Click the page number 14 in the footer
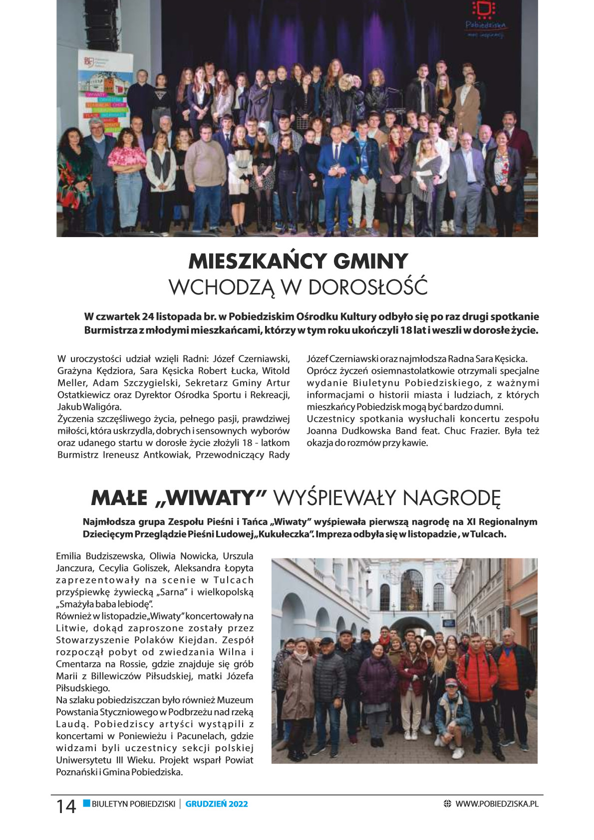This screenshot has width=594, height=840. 66,806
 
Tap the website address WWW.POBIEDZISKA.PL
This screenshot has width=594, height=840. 497,804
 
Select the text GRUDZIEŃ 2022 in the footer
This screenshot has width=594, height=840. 217,804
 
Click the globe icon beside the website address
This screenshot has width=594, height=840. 447,804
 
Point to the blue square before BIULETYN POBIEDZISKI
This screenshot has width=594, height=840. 86,803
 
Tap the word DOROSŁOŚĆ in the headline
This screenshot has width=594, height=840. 368,287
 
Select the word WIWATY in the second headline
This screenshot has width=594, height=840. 210,498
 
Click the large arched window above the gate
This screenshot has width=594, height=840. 411,589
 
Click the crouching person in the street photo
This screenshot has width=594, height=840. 453,714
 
